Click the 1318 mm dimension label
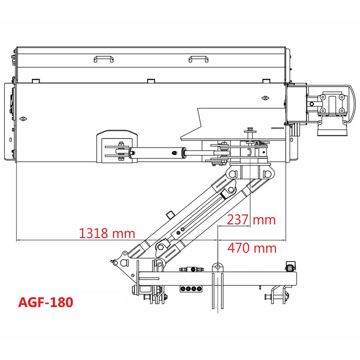click(x=107, y=233)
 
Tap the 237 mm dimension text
click(x=251, y=220)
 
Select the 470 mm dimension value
click(x=252, y=247)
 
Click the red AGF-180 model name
click(x=45, y=302)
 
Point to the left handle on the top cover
click(x=103, y=59)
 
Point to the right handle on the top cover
click(x=198, y=59)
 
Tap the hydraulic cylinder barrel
click(x=160, y=153)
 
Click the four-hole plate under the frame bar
click(x=190, y=289)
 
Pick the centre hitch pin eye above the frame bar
click(x=218, y=267)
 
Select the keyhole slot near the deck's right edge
click(x=265, y=98)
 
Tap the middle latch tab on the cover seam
click(x=151, y=81)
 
